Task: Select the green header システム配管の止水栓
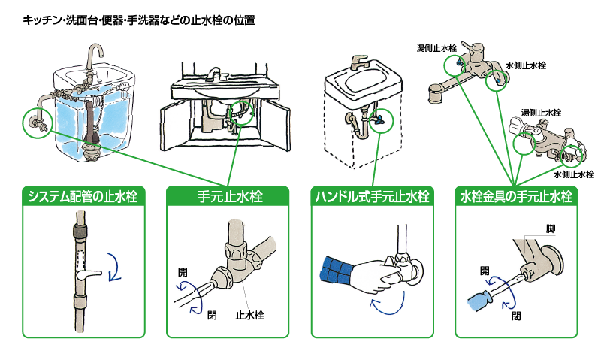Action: tap(85, 197)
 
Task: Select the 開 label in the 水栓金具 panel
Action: tap(485, 269)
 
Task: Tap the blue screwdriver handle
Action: tap(478, 299)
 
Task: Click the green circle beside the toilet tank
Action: tap(35, 123)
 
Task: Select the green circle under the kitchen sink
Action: tap(242, 111)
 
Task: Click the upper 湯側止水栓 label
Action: tap(436, 47)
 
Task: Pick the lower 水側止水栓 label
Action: tap(573, 174)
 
